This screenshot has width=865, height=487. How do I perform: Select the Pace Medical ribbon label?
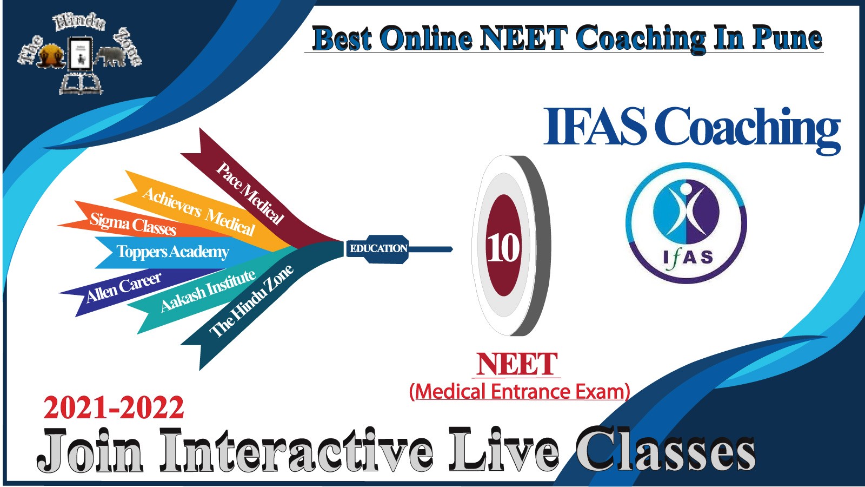(x=250, y=193)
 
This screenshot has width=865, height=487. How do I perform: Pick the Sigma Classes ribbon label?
(x=133, y=224)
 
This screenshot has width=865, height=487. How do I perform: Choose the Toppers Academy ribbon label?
(x=172, y=252)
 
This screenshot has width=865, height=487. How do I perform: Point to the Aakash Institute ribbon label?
(x=208, y=291)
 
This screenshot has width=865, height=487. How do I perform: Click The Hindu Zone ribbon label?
(x=251, y=301)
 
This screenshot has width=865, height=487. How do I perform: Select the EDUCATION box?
(x=378, y=248)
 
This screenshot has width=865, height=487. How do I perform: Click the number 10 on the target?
(x=503, y=248)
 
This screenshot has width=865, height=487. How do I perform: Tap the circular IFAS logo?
(x=686, y=223)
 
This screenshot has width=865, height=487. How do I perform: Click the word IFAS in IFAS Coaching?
(x=595, y=126)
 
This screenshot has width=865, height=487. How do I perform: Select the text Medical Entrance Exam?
(x=520, y=392)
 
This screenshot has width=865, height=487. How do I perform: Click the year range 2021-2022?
(x=114, y=408)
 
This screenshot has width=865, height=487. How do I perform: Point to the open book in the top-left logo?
(x=81, y=83)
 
